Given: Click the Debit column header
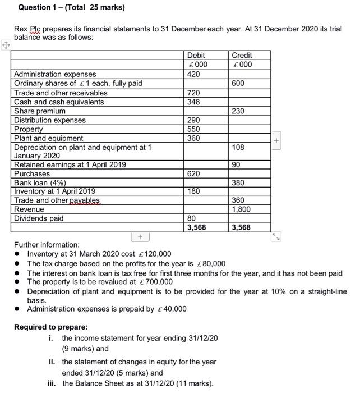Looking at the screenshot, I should click(x=196, y=56).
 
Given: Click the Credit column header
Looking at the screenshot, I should click(x=242, y=56).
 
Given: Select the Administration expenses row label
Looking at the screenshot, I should click(x=55, y=74).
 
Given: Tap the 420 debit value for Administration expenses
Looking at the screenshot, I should click(x=193, y=74).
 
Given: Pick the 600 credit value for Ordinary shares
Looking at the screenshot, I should click(x=238, y=83).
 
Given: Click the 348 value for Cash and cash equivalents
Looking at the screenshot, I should click(x=193, y=102).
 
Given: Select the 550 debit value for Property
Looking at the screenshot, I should click(x=193, y=129).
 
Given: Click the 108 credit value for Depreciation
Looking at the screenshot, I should click(x=238, y=147).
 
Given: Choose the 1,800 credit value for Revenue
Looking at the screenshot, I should click(x=241, y=209).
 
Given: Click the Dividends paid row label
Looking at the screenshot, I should click(x=39, y=218).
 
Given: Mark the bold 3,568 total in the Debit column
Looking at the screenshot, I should click(x=197, y=227).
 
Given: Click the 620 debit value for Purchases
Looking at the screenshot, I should click(x=193, y=173).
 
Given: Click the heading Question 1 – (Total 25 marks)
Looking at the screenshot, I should click(x=71, y=8).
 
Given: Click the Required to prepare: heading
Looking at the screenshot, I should click(x=50, y=327).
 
